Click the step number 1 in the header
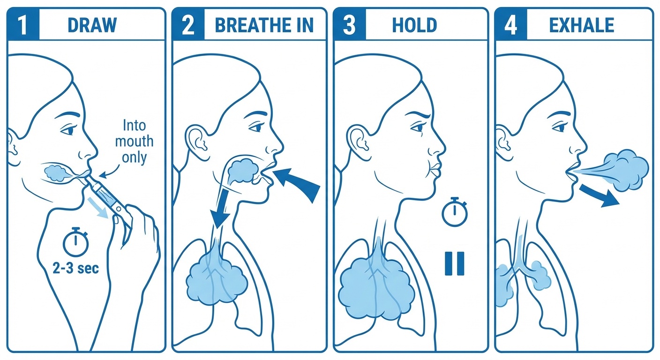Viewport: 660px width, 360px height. point(23,24)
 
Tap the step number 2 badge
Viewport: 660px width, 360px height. point(188,24)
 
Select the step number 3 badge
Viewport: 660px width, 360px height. point(349,24)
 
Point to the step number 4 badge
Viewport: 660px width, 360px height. point(510,24)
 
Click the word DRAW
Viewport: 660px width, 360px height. point(92,25)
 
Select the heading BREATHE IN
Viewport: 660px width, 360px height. point(264,25)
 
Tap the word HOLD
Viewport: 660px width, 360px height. point(414,25)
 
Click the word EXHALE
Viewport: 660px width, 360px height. point(582,25)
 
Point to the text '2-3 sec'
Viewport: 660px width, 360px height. point(76,269)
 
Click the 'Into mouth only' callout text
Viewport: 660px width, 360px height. point(135,142)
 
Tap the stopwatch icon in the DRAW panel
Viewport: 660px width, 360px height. point(76,241)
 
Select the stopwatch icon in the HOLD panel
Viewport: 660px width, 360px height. point(455,211)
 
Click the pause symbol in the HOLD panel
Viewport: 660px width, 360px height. point(454,263)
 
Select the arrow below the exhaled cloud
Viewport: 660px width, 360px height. point(599,195)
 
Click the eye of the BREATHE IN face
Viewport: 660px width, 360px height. point(257,127)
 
